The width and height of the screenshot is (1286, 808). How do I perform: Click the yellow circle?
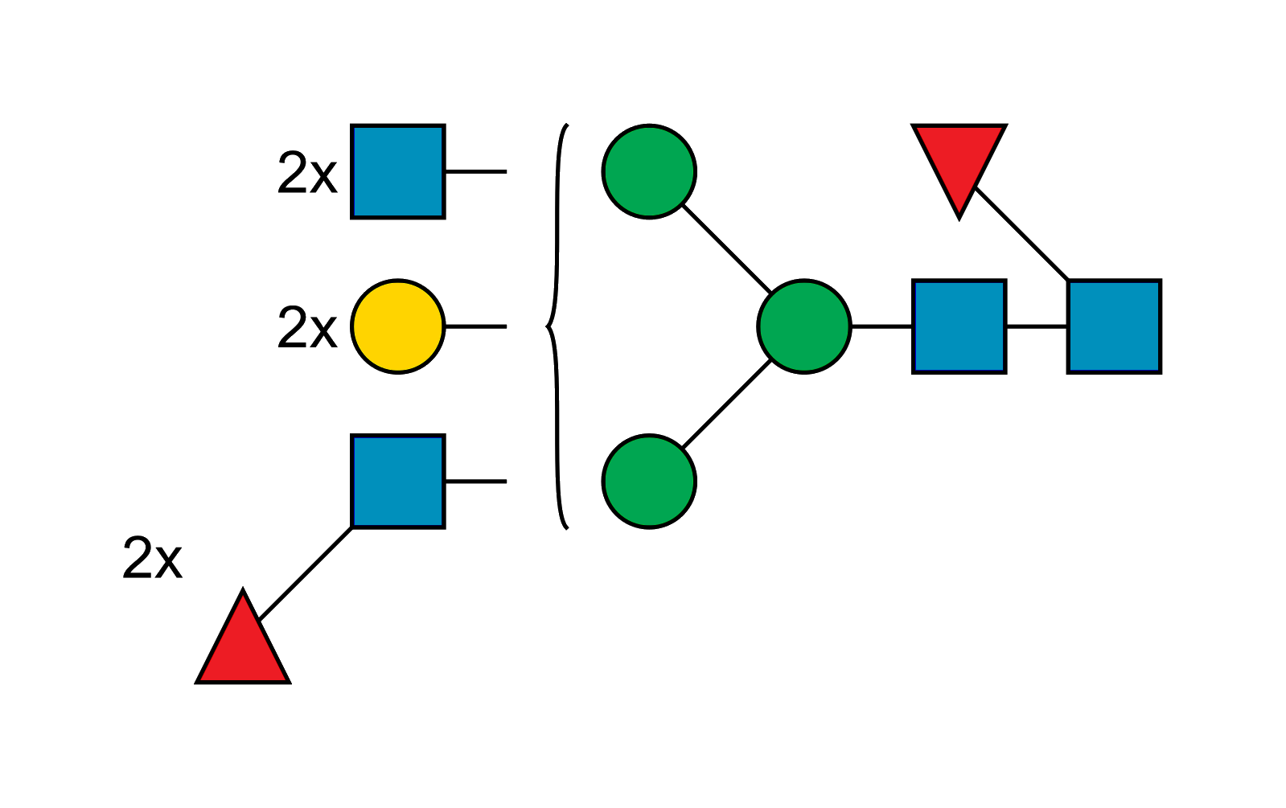(x=398, y=326)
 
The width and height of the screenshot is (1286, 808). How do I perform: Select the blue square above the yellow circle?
(x=398, y=171)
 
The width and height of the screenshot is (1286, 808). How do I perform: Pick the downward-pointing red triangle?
(x=959, y=161)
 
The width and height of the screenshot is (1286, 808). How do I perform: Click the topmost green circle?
(x=649, y=171)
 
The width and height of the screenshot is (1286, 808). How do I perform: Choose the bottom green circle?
(x=649, y=482)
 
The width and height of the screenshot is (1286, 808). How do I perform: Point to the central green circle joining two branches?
(x=804, y=326)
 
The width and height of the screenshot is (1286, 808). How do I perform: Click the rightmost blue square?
(x=1115, y=326)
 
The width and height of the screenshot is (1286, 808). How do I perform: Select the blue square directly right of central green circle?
(x=959, y=326)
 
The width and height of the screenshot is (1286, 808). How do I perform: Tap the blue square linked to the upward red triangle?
(x=398, y=482)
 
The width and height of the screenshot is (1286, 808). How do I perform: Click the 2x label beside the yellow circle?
(x=306, y=327)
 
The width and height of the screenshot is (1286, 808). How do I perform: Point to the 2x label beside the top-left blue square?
(x=306, y=173)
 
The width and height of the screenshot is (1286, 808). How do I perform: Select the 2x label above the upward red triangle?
(x=152, y=558)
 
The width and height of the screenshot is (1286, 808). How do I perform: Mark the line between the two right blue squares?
(x=1037, y=326)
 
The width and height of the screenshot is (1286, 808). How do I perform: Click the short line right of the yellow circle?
(x=475, y=326)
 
